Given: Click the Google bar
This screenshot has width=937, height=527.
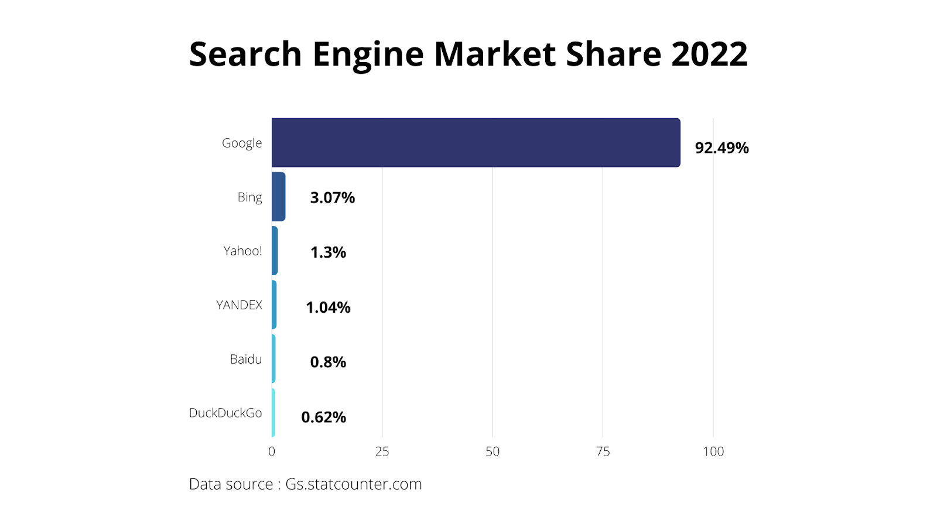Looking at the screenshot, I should click(476, 142).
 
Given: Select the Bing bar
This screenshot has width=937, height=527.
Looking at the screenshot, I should click(279, 197).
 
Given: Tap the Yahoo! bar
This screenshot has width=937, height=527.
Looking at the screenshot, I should click(275, 251).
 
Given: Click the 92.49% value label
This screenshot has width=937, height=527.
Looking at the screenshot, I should click(721, 148).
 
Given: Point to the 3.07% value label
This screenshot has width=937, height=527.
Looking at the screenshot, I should click(332, 197).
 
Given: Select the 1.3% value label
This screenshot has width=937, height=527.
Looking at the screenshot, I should click(328, 252).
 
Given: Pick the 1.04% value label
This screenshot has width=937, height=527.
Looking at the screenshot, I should click(328, 307).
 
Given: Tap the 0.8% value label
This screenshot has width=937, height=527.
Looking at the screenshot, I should click(328, 362).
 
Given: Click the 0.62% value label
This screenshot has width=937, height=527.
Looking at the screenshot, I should click(323, 417).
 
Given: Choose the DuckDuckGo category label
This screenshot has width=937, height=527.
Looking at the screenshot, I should click(225, 413).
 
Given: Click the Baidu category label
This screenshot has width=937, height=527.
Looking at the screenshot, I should click(245, 359).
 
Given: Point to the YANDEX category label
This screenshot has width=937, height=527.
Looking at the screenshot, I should click(239, 305).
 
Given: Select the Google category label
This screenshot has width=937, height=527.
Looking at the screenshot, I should click(241, 143).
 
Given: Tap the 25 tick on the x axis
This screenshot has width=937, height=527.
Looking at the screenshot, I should click(382, 451).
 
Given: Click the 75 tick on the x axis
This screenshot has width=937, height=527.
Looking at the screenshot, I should click(603, 451).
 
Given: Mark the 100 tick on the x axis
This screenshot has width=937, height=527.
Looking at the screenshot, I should click(713, 451).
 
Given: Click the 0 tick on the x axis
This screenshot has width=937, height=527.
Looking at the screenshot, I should click(272, 451).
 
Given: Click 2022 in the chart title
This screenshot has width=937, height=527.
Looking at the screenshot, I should click(709, 54).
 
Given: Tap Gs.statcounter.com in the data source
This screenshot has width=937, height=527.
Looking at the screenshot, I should click(353, 484).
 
